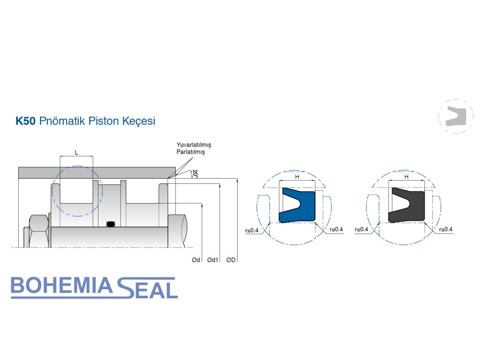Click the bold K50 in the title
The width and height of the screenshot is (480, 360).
click(x=26, y=121)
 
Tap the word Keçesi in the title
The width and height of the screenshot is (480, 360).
click(x=138, y=121)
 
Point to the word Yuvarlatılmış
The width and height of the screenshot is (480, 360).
click(x=194, y=145)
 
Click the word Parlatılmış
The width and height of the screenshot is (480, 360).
click(x=190, y=152)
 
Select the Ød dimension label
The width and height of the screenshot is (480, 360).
click(x=196, y=260)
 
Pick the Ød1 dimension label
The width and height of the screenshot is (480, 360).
click(x=213, y=260)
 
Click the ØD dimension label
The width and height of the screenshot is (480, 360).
click(x=231, y=260)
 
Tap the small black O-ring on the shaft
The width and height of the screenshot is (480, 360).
click(x=110, y=224)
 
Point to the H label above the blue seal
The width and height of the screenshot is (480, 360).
click(x=297, y=177)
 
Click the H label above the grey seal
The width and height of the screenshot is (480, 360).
click(x=406, y=177)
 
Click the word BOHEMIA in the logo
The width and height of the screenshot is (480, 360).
click(x=61, y=287)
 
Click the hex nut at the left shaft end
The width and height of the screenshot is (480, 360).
click(x=38, y=231)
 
